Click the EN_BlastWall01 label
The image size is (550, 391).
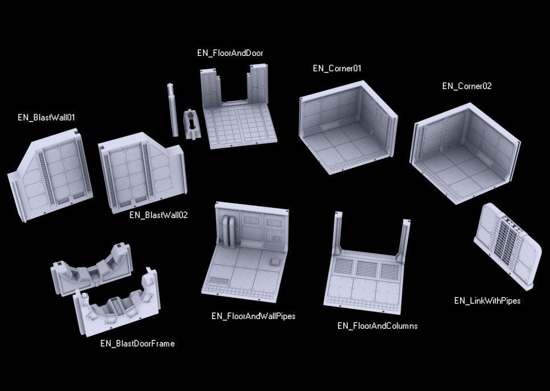point(46,118)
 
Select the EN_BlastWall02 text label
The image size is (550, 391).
point(158,215)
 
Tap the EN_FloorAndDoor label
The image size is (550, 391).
point(230,53)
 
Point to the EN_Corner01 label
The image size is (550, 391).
point(337,68)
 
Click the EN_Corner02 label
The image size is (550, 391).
point(467,86)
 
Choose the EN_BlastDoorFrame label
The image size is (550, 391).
point(137,344)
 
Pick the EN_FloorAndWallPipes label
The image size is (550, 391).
point(253,316)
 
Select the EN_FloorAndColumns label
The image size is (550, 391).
point(377,326)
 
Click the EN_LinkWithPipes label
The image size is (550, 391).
point(487,301)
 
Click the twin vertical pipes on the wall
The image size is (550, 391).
point(229,232)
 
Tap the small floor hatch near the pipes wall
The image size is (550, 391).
point(275,262)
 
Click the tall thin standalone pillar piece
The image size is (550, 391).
point(172,110)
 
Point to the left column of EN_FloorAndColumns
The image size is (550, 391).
point(338,233)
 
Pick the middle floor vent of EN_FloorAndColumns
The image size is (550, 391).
point(366,268)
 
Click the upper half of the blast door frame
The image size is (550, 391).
point(92,269)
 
